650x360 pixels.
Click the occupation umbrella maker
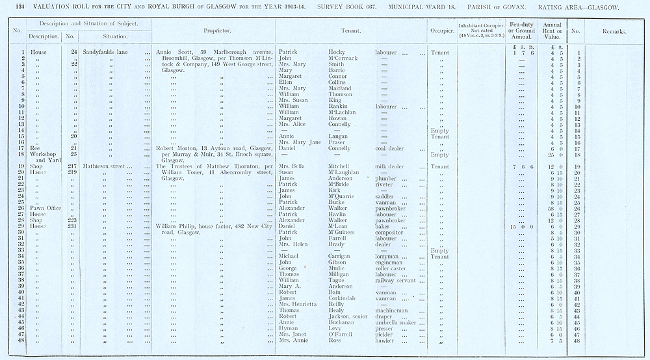[x=399, y=322]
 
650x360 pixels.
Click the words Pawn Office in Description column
[x=42, y=208]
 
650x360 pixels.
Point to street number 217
[x=71, y=166]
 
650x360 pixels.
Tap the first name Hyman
[x=288, y=328]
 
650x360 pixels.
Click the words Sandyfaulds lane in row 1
[x=107, y=52]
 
